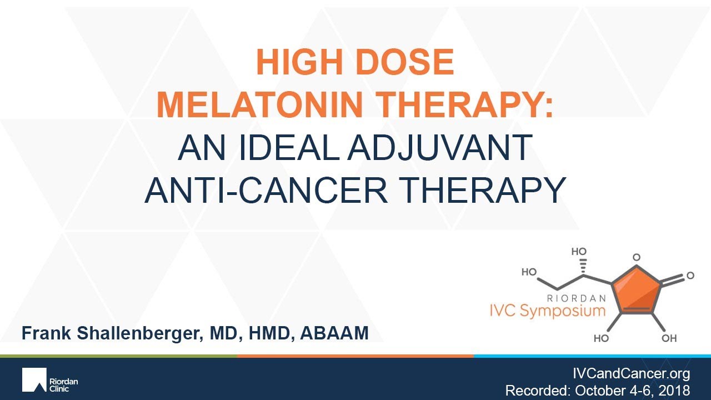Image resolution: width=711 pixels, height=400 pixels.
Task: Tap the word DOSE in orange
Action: tap(407, 63)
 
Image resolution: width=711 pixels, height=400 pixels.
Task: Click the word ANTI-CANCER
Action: tap(266, 189)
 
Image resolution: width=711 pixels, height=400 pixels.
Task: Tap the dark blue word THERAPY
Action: tap(480, 189)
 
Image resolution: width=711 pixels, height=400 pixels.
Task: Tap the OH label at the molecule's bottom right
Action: tap(668, 338)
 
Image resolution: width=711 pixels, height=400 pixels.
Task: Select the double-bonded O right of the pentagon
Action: tap(690, 275)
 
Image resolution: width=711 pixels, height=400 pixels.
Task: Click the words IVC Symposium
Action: tap(562, 310)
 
